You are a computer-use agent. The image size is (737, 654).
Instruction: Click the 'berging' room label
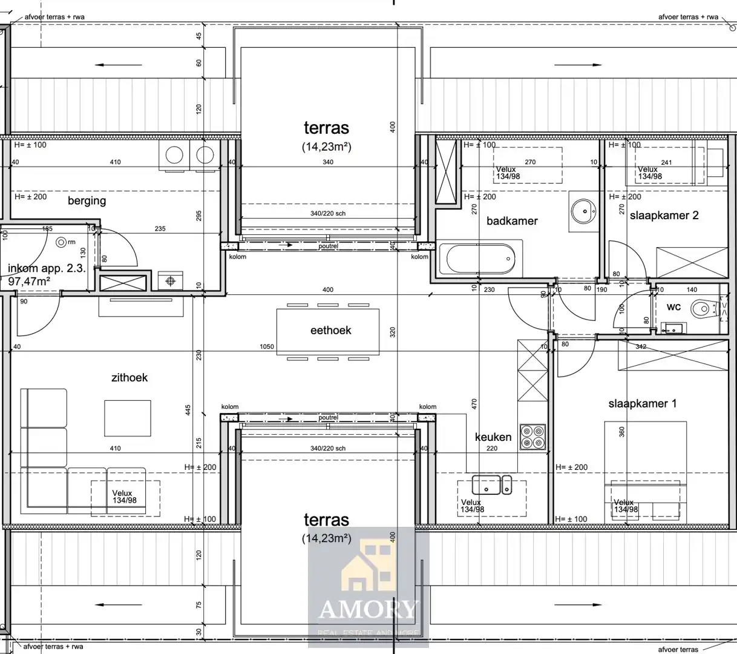tap(87, 200)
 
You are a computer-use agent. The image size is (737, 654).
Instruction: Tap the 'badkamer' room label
tap(512, 221)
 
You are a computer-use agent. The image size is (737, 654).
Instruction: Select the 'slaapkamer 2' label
tap(664, 216)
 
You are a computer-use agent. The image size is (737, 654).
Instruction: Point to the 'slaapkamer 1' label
tap(642, 403)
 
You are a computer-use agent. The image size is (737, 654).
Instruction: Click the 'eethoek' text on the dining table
tap(330, 330)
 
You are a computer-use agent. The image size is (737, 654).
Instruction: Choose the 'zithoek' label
tap(129, 377)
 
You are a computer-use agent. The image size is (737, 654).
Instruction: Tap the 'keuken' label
tap(493, 437)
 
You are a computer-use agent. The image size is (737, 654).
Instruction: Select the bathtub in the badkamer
tap(481, 259)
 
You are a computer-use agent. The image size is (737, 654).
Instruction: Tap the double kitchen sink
tap(491, 484)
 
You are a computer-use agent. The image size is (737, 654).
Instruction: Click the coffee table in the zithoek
tap(127, 418)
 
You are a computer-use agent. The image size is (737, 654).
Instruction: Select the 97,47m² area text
tap(29, 281)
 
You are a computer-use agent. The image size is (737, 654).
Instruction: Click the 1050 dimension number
tap(266, 347)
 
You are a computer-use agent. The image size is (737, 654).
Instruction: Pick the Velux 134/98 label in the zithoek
tap(124, 497)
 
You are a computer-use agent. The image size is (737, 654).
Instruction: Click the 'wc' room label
tap(673, 307)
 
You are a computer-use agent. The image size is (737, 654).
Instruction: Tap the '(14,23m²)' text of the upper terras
tap(326, 147)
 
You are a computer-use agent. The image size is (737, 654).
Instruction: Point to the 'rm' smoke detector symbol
tap(61, 242)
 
